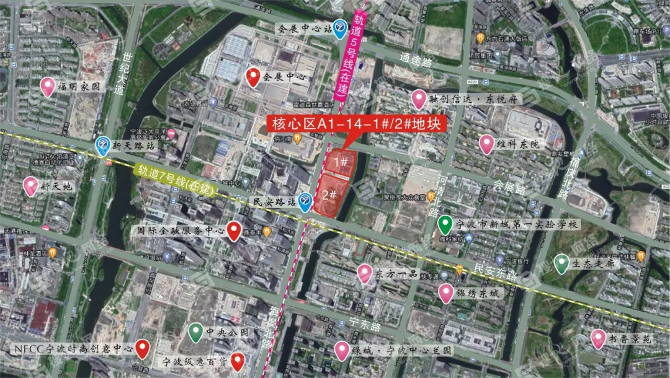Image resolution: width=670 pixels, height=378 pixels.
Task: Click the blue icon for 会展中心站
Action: point(340,28)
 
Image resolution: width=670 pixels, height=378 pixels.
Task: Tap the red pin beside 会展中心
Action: point(253,77)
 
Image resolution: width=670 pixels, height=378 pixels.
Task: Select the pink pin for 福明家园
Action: point(48,87)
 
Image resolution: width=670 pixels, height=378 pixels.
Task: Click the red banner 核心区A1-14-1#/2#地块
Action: point(357,124)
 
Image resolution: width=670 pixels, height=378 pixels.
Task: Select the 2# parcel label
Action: point(329,195)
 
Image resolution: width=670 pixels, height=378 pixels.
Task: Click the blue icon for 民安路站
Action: point(305,202)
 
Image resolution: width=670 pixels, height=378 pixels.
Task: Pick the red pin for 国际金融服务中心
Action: point(234,231)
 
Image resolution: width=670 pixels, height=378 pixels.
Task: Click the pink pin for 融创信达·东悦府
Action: point(419,99)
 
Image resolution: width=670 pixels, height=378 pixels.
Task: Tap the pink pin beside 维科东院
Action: point(487,144)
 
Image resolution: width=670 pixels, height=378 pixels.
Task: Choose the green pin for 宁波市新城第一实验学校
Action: point(444,224)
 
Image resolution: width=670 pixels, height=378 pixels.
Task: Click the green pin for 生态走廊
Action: point(561,263)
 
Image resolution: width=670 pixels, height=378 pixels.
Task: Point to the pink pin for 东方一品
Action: point(365,273)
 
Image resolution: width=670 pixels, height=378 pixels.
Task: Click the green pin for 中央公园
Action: point(196,332)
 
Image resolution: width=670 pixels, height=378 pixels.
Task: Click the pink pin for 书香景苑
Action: point(598,338)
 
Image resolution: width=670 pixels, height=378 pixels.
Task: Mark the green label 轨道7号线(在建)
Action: point(174,180)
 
